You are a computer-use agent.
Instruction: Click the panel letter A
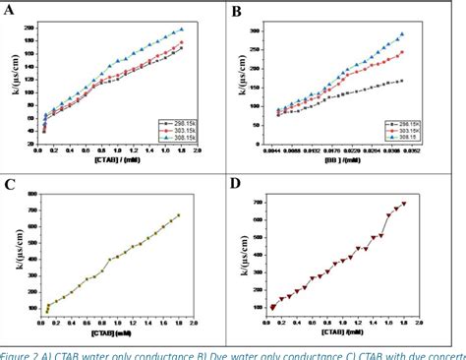(x=13, y=13)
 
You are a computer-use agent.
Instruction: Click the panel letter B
(x=241, y=13)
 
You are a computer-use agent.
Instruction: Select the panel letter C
(x=13, y=183)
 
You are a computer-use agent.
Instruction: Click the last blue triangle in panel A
(x=181, y=30)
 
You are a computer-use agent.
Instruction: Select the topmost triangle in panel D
(x=404, y=204)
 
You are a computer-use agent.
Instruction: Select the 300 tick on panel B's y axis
(x=257, y=31)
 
